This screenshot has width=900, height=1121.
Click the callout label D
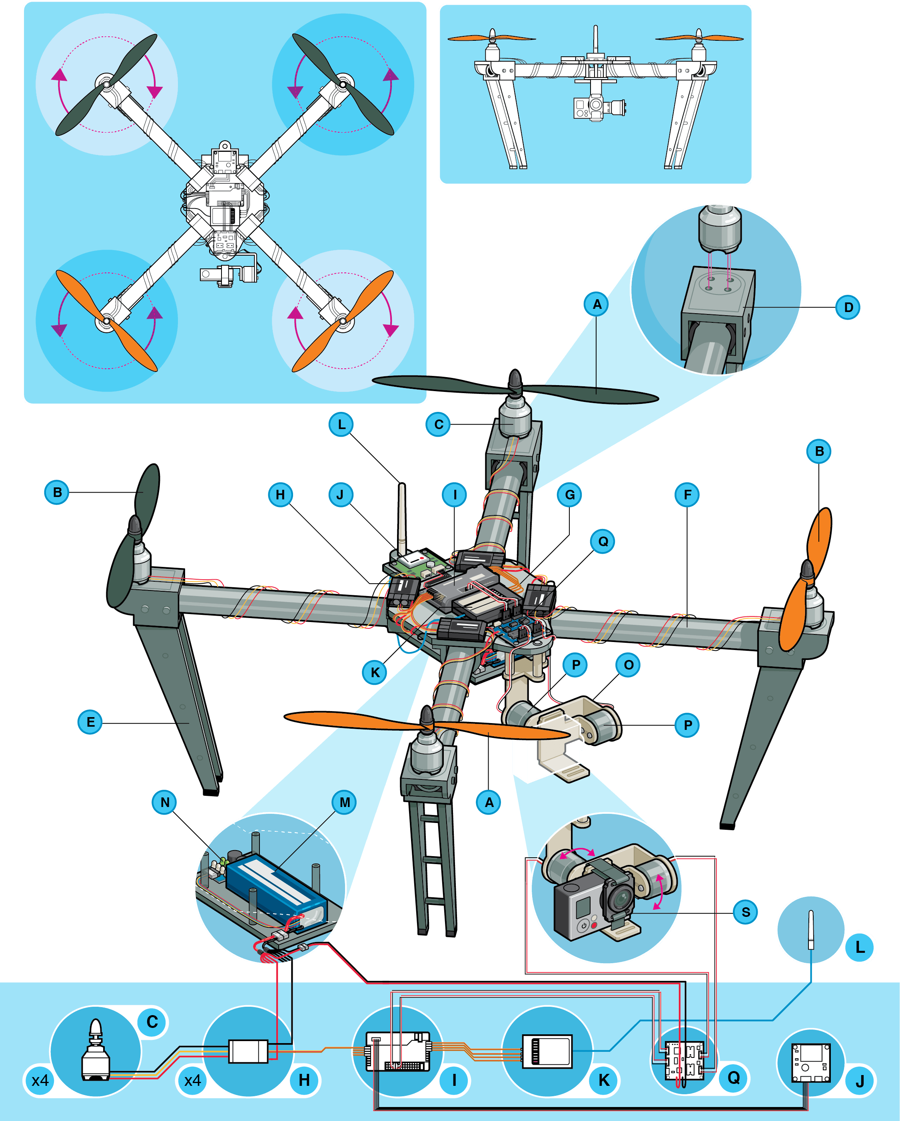pos(848,307)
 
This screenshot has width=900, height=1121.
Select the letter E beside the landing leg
pos(90,722)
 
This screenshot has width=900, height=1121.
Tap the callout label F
pos(687,495)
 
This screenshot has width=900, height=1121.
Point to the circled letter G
pos(570,495)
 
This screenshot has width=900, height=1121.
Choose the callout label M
pos(344,802)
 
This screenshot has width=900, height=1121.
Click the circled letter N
pos(165,802)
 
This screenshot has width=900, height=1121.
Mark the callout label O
pos(629,665)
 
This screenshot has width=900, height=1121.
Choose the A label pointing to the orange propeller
pos(489,802)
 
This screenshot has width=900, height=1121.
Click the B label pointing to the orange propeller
pos(819,451)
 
